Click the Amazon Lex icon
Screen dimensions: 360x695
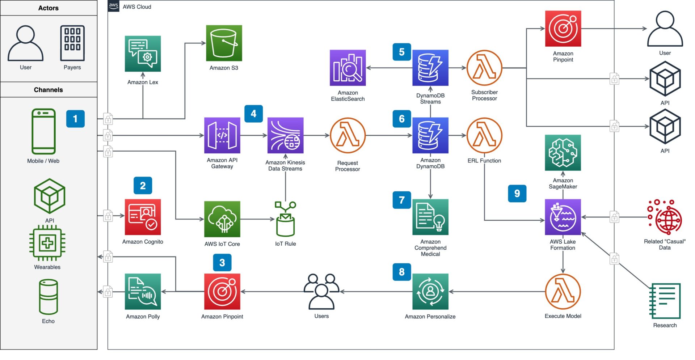click(143, 54)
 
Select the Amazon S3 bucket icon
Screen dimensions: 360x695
click(224, 43)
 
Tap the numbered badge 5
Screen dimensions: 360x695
click(401, 52)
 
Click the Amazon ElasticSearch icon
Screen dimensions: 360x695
click(347, 68)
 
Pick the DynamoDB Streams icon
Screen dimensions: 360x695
click(430, 68)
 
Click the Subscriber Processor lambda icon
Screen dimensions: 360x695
click(484, 68)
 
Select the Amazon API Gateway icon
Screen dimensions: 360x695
click(222, 135)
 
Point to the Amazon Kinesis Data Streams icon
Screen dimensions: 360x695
click(285, 135)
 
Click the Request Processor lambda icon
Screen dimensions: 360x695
click(347, 135)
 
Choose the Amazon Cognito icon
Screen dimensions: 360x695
click(143, 217)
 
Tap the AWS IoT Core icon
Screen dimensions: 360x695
click(222, 219)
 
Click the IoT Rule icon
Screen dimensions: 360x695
click(285, 219)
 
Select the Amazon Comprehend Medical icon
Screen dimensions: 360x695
click(430, 217)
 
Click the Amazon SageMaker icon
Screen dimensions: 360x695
click(563, 152)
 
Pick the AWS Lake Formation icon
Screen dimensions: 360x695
click(563, 217)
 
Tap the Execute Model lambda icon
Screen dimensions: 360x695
click(563, 292)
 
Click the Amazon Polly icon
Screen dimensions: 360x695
click(143, 292)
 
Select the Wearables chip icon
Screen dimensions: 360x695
click(47, 243)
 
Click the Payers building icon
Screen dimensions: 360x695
click(72, 43)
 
